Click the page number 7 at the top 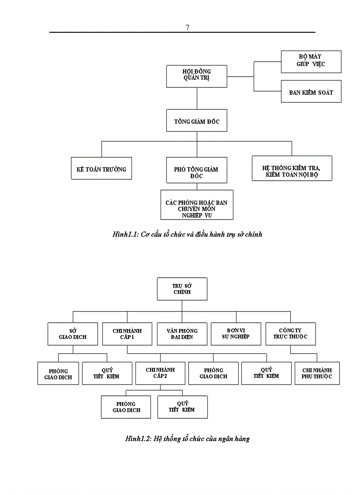[x=187, y=27]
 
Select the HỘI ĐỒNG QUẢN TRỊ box [x=197, y=76]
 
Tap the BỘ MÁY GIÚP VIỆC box [x=311, y=62]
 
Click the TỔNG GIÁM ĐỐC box [x=197, y=121]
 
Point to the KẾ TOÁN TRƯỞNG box [x=101, y=169]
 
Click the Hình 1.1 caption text [x=187, y=234]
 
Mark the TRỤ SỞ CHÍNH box [x=182, y=289]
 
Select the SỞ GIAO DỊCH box [x=73, y=334]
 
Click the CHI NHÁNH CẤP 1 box [x=127, y=334]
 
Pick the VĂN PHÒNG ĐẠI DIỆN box [x=182, y=334]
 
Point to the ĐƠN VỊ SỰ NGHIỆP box [x=236, y=334]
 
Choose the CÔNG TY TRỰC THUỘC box [x=290, y=334]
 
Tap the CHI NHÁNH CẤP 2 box [x=160, y=373]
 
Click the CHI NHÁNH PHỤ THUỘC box [x=317, y=373]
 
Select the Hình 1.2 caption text [x=187, y=439]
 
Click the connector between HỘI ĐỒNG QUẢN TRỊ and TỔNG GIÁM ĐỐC [x=197, y=99]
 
